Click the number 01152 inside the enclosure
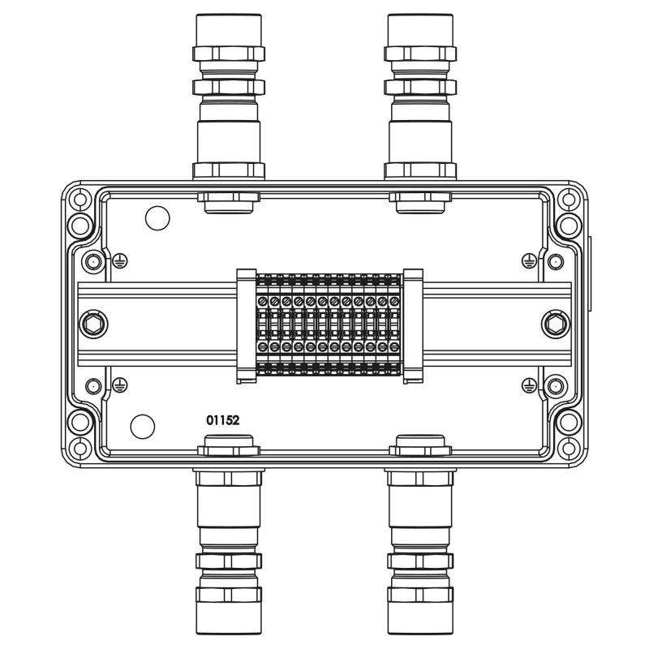tap(222, 420)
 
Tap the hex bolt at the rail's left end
tap(92, 324)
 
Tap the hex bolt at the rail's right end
tap(556, 324)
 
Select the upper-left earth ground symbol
tap(120, 260)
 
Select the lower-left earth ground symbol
tap(120, 385)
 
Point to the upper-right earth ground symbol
tap(530, 260)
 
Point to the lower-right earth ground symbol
tap(530, 385)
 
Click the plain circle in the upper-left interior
tap(157, 218)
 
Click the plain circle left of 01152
tap(143, 427)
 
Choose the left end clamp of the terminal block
tap(247, 326)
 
